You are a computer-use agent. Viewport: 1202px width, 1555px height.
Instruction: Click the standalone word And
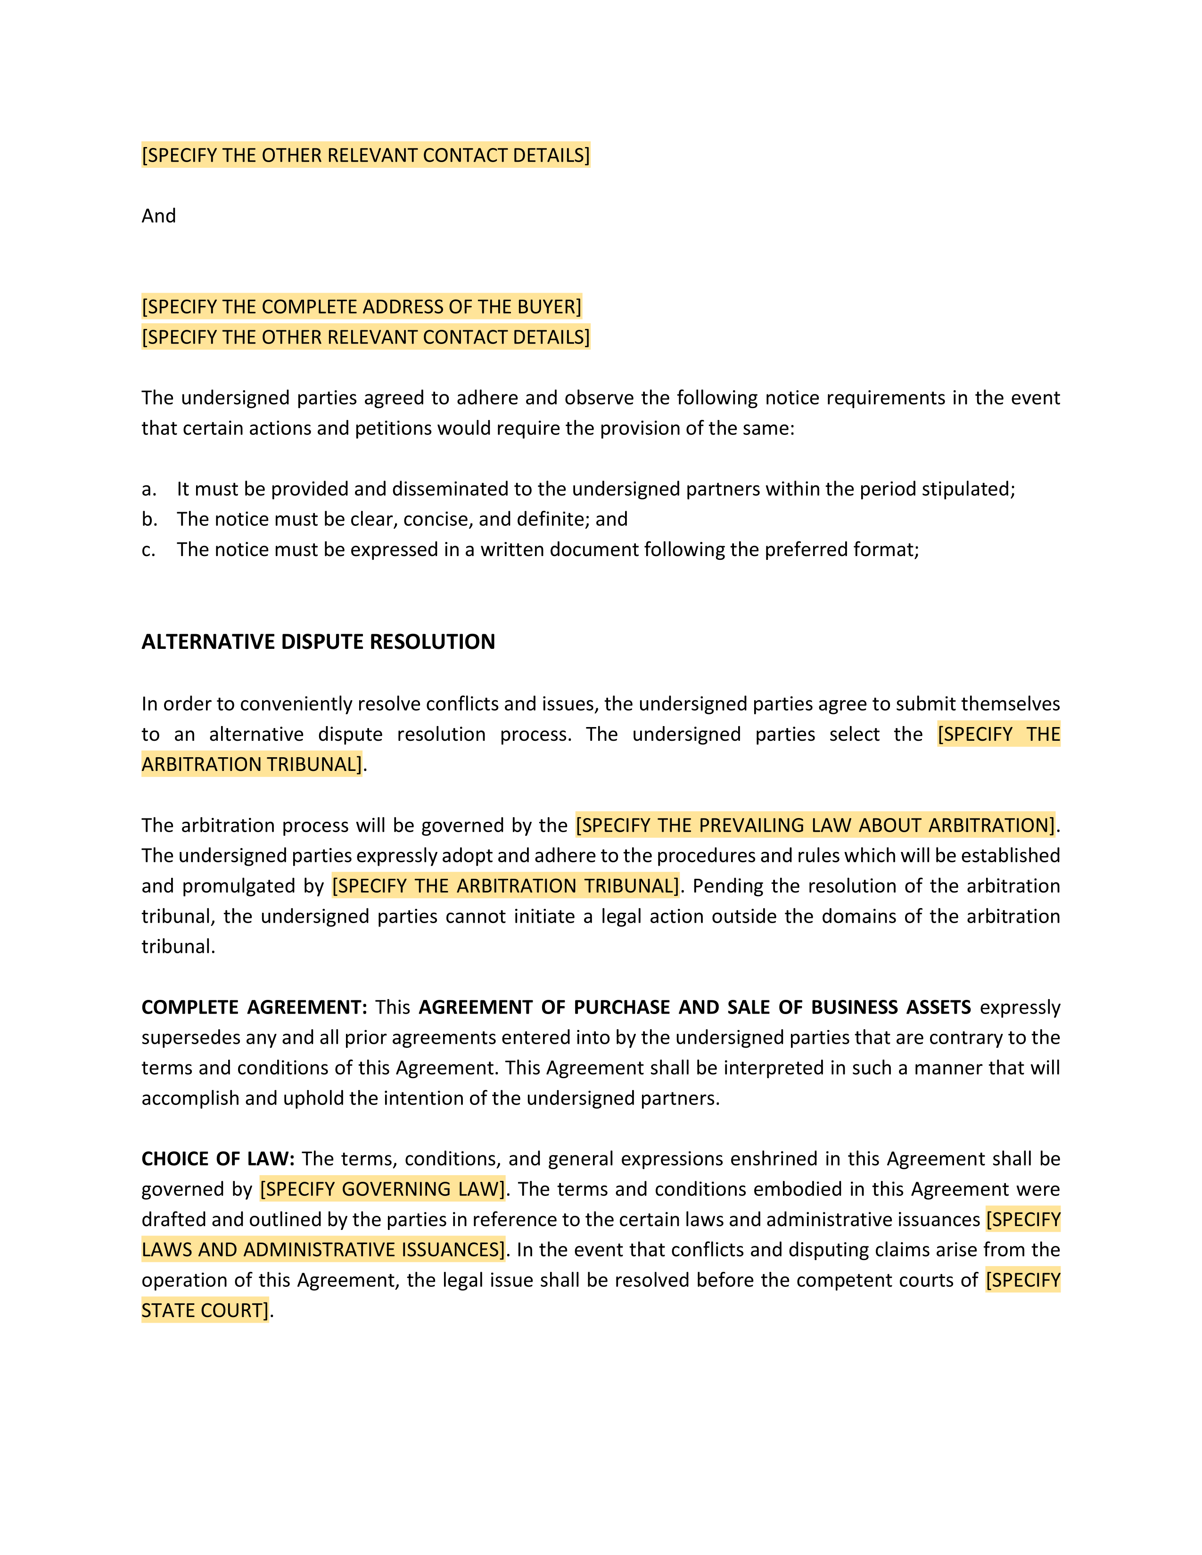tap(158, 216)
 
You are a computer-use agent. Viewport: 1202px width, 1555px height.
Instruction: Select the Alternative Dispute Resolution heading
tap(318, 641)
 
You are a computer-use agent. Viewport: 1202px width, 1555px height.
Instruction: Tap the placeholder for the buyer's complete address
tap(362, 307)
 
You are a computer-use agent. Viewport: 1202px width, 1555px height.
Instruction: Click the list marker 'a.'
tap(149, 489)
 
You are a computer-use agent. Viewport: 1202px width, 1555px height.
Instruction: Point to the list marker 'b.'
tap(149, 520)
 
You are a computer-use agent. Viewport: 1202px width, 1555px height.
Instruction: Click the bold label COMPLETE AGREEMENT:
tap(254, 1007)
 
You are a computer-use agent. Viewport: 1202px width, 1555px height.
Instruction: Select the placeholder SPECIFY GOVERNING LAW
tap(382, 1189)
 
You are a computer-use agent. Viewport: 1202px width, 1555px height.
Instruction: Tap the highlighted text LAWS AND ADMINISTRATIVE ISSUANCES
tap(322, 1250)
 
